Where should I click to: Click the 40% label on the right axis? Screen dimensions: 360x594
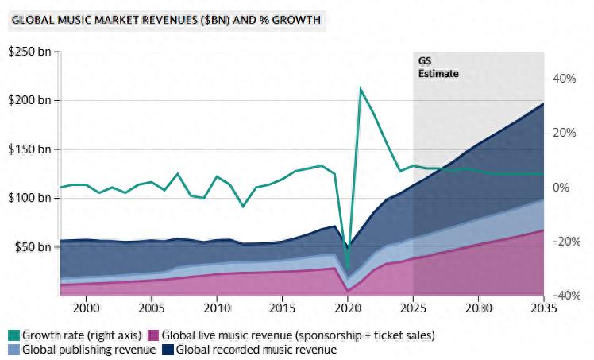[564, 79]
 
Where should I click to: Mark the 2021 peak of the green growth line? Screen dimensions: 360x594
[361, 89]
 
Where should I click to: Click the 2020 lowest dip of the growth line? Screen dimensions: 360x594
[348, 269]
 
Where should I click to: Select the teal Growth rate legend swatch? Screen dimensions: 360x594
[13, 335]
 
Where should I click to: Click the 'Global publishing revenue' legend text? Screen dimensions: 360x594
[88, 349]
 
